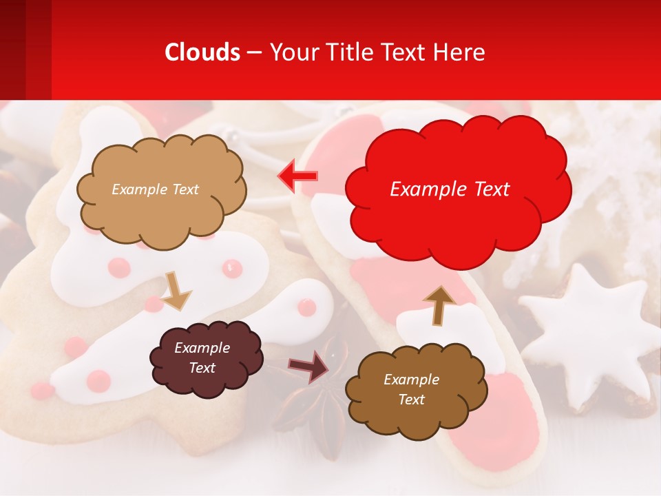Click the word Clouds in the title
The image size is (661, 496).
pyautogui.click(x=202, y=52)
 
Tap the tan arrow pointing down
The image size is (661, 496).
pyautogui.click(x=176, y=291)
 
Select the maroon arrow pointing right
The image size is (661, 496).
pyautogui.click(x=309, y=366)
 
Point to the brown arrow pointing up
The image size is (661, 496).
pyautogui.click(x=439, y=304)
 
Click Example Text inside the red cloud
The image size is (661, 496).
pyautogui.click(x=450, y=189)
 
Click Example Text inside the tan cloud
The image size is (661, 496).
pyautogui.click(x=155, y=189)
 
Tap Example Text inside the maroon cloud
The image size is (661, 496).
pyautogui.click(x=202, y=358)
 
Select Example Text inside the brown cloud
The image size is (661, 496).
pyautogui.click(x=411, y=389)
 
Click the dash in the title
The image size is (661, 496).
pyautogui.click(x=253, y=53)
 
